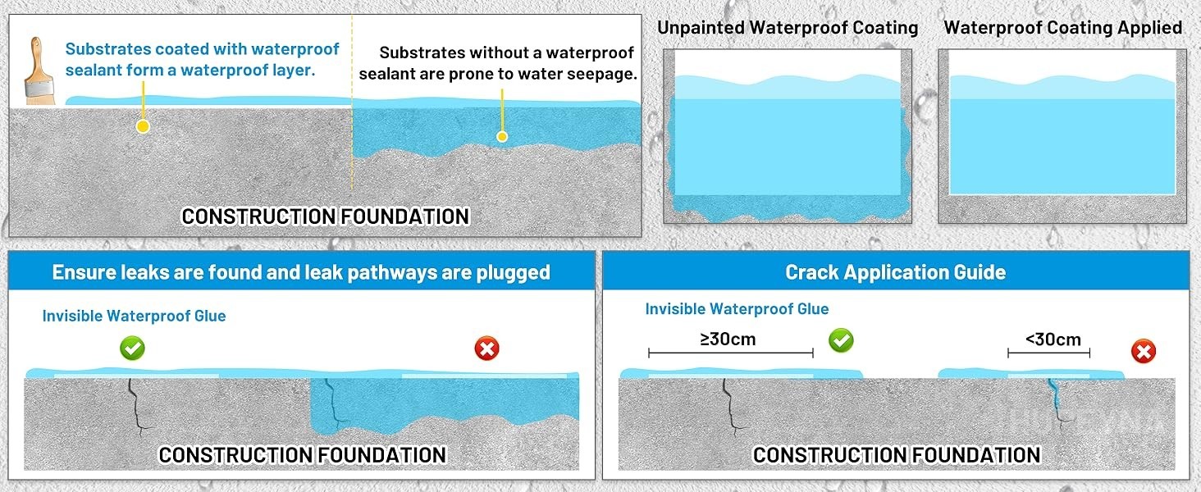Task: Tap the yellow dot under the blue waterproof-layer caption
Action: [x=143, y=126]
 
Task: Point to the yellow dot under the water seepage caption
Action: [x=502, y=137]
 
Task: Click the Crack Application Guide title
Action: [x=895, y=272]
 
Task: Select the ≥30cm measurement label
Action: [x=728, y=339]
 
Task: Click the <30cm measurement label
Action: [x=1053, y=339]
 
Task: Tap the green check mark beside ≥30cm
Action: [x=841, y=340]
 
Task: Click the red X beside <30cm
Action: [x=1143, y=352]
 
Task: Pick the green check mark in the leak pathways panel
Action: [x=132, y=348]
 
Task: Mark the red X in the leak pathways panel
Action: [x=486, y=348]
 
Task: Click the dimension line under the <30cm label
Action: [x=1048, y=353]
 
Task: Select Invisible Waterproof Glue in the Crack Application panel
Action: [x=737, y=308]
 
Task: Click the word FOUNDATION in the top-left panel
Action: [x=404, y=216]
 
